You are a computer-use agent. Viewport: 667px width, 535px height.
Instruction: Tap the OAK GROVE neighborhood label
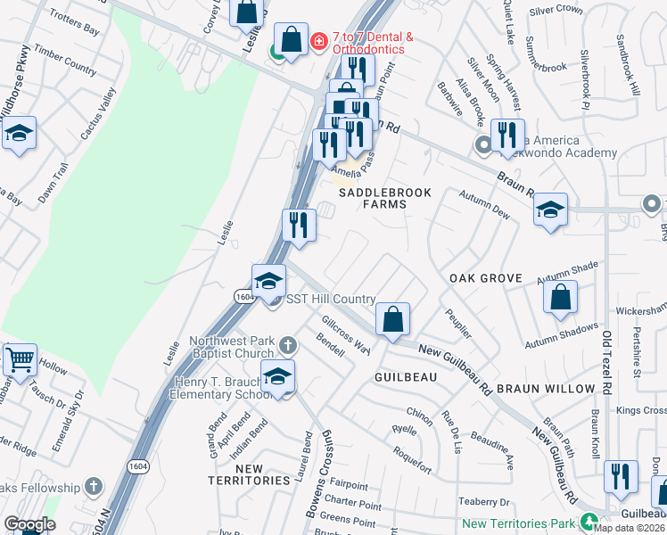pos(485,278)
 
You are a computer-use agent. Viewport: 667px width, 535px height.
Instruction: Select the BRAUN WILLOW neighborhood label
pos(545,389)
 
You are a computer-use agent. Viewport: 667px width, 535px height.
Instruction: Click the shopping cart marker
pos(20,359)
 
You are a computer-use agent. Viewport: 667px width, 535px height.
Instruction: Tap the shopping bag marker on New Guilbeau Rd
pos(391,318)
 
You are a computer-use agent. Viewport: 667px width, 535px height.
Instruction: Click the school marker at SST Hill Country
pos(268,281)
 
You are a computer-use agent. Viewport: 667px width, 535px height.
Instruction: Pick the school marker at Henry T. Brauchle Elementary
pos(277,376)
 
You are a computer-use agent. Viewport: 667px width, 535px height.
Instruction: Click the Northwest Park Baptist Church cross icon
pos(287,344)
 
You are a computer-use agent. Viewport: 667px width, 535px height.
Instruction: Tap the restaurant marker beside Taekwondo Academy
pos(507,135)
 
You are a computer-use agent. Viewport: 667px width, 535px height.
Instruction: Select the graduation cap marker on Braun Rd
pos(550,210)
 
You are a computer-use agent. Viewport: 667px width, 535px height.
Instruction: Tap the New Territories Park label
pos(519,524)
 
